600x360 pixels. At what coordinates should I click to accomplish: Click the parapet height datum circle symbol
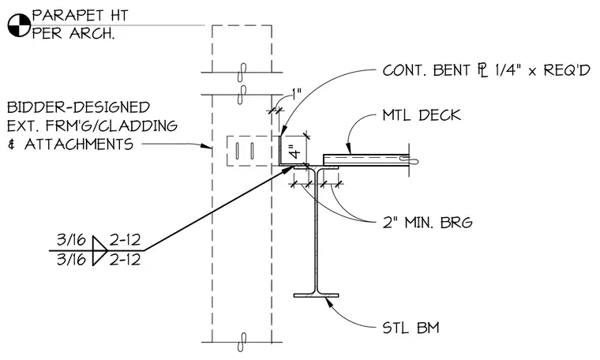point(19,25)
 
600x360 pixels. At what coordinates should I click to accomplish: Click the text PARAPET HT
point(80,15)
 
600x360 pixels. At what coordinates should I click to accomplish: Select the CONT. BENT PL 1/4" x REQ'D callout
point(486,70)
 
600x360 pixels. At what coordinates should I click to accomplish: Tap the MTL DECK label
point(422,115)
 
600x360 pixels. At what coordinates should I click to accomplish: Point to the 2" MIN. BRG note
point(427,223)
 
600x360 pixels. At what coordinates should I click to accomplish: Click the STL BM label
point(411,328)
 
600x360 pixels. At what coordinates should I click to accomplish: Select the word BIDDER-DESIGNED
point(78,107)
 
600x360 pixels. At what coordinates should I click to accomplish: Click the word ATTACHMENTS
point(79,144)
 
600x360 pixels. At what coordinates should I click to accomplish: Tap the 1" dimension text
point(297,94)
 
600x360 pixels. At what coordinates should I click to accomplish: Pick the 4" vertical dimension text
point(296,151)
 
